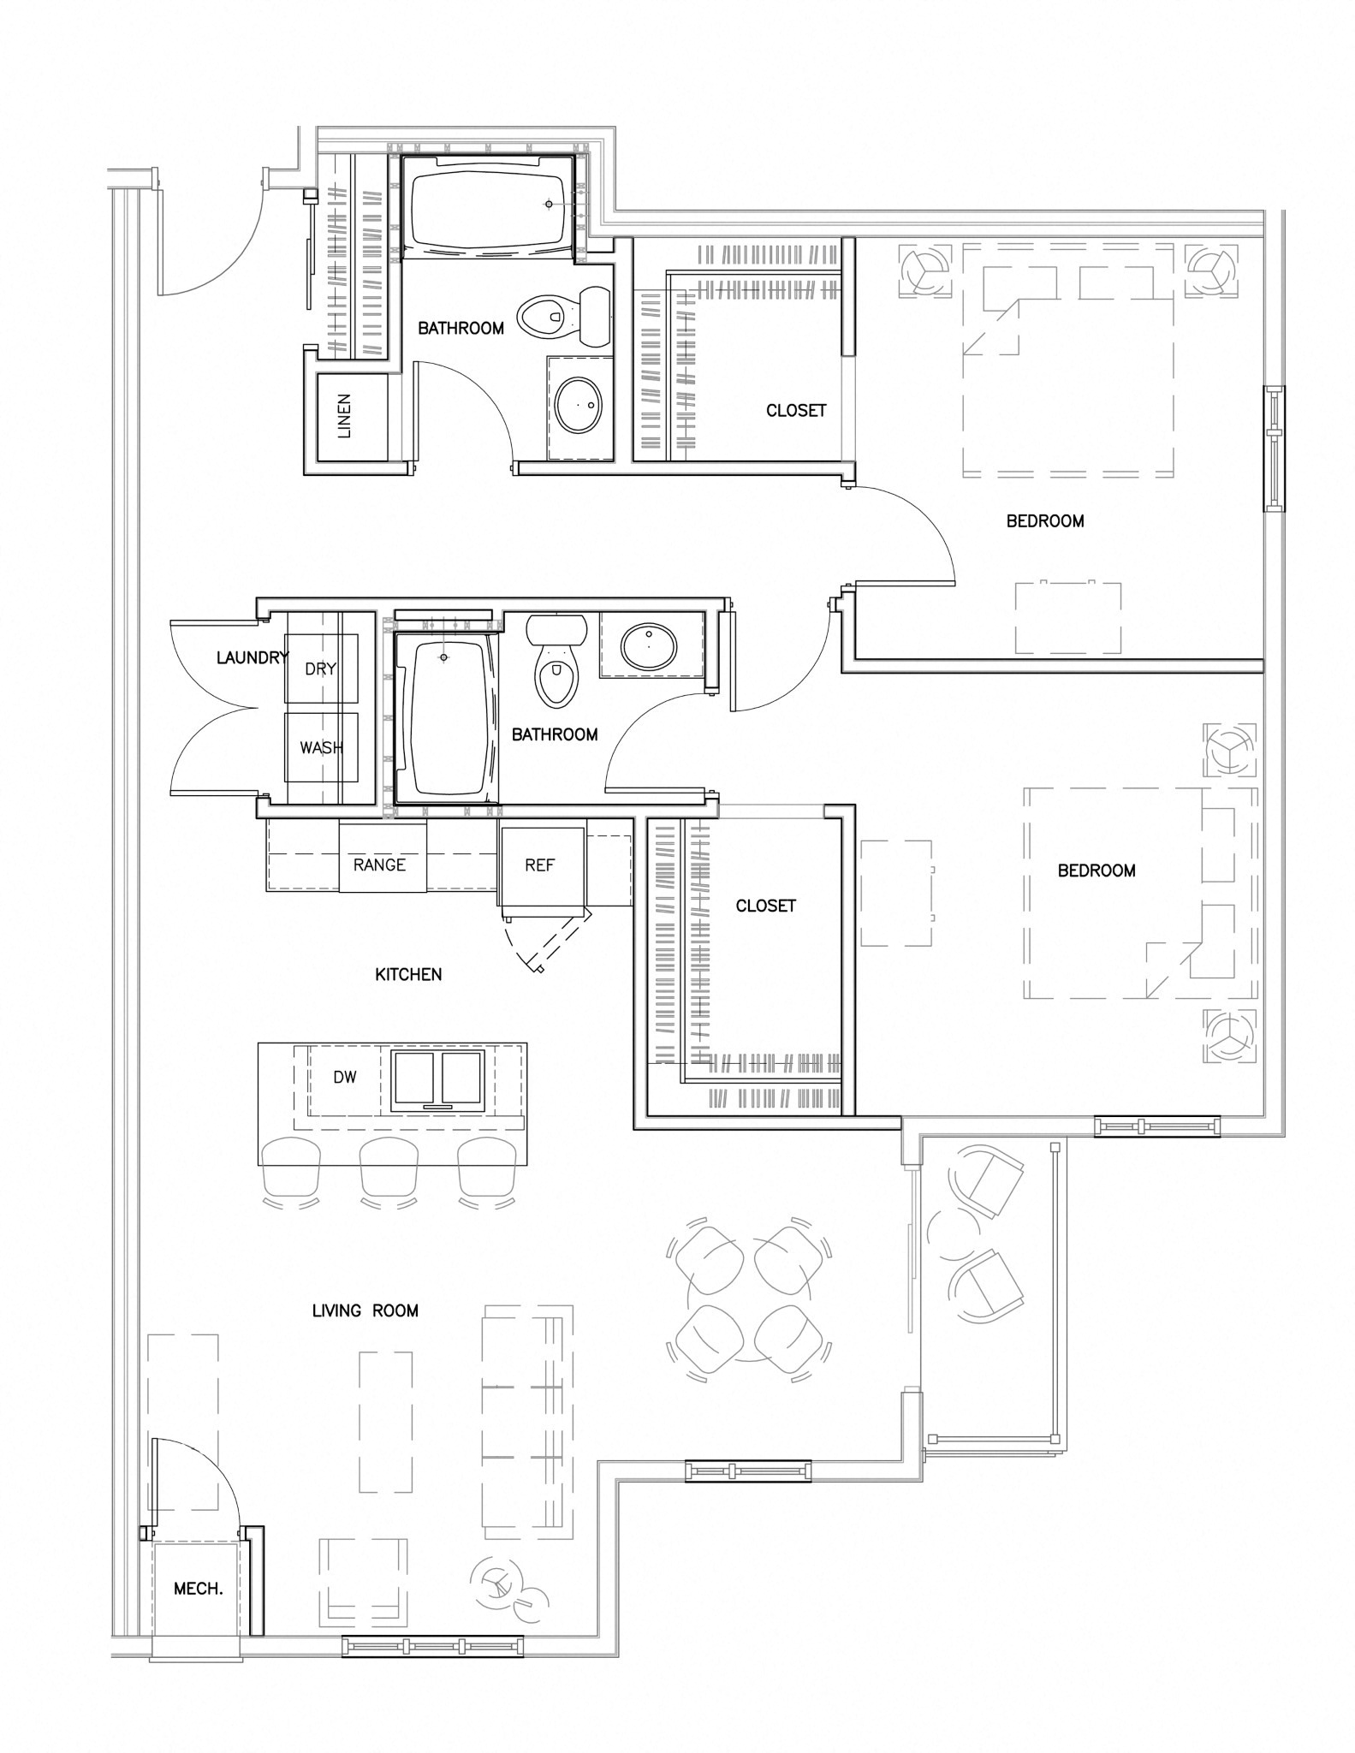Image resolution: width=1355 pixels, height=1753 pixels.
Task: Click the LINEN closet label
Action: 344,416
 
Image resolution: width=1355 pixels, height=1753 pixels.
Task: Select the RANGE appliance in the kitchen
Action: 383,857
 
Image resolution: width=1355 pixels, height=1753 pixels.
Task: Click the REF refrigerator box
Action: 542,866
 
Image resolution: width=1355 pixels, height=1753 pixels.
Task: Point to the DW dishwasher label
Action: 345,1078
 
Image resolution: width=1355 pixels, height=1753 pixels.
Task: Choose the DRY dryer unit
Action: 321,669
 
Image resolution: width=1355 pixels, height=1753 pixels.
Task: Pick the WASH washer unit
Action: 321,747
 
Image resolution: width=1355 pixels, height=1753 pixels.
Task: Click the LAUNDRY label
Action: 253,658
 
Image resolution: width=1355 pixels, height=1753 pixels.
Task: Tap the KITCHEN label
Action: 408,974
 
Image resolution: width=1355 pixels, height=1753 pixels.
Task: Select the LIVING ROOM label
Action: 365,1310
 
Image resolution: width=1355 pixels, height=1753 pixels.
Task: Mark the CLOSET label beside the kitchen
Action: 766,906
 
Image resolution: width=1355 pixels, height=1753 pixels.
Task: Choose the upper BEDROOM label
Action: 1045,520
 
